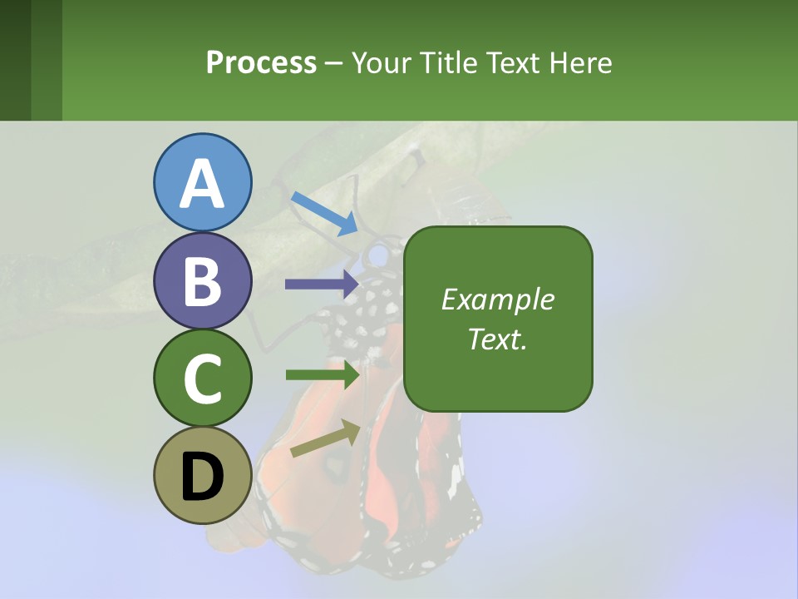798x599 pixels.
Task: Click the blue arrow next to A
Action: (325, 213)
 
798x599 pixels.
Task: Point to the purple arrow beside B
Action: (322, 284)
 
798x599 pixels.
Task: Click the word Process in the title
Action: (261, 62)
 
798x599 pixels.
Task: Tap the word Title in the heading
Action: (447, 62)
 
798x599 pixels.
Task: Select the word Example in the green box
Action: (498, 299)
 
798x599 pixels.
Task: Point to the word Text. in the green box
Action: (498, 339)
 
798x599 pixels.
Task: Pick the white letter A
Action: (203, 183)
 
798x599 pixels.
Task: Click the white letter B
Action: (203, 280)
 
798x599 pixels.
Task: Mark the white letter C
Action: (203, 378)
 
